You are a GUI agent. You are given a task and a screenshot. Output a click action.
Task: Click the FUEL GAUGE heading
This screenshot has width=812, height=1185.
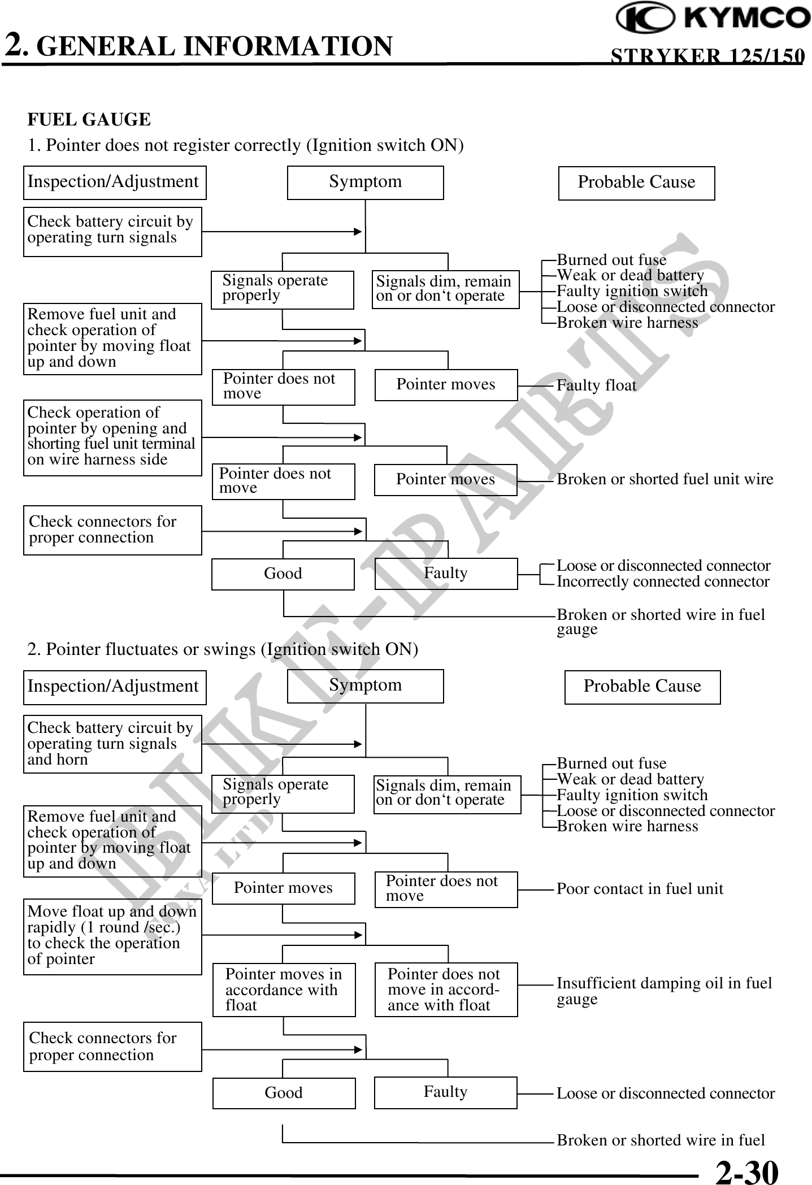point(89,120)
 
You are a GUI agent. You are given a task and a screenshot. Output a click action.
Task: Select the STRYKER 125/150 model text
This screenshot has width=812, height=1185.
point(707,56)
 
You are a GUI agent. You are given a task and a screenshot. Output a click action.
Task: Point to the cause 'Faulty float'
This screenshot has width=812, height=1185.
point(596,385)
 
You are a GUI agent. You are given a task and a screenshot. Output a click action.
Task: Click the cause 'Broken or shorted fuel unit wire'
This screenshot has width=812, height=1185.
point(665,479)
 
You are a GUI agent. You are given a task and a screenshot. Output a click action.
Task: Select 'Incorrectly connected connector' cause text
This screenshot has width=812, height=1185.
point(663,581)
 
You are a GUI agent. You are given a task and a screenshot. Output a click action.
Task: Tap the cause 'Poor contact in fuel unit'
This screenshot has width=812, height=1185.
point(640,889)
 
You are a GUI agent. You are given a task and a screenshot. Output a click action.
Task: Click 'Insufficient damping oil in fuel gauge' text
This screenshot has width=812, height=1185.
point(664,991)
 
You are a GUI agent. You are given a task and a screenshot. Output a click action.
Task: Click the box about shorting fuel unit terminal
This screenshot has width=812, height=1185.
point(112,437)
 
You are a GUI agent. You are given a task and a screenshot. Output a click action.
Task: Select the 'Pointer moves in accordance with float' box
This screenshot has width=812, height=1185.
point(284,989)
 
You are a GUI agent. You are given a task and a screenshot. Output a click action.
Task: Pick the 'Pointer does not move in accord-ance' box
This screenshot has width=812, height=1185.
point(446,989)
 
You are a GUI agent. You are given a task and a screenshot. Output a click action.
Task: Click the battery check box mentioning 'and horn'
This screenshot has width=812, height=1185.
point(112,744)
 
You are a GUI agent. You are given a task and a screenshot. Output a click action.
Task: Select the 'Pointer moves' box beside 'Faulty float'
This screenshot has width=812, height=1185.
point(446,385)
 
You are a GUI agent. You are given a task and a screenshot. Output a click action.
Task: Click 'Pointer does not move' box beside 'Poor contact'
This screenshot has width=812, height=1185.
point(446,889)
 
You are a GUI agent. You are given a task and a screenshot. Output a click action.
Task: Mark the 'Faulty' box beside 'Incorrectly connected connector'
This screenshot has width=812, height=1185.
point(446,573)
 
